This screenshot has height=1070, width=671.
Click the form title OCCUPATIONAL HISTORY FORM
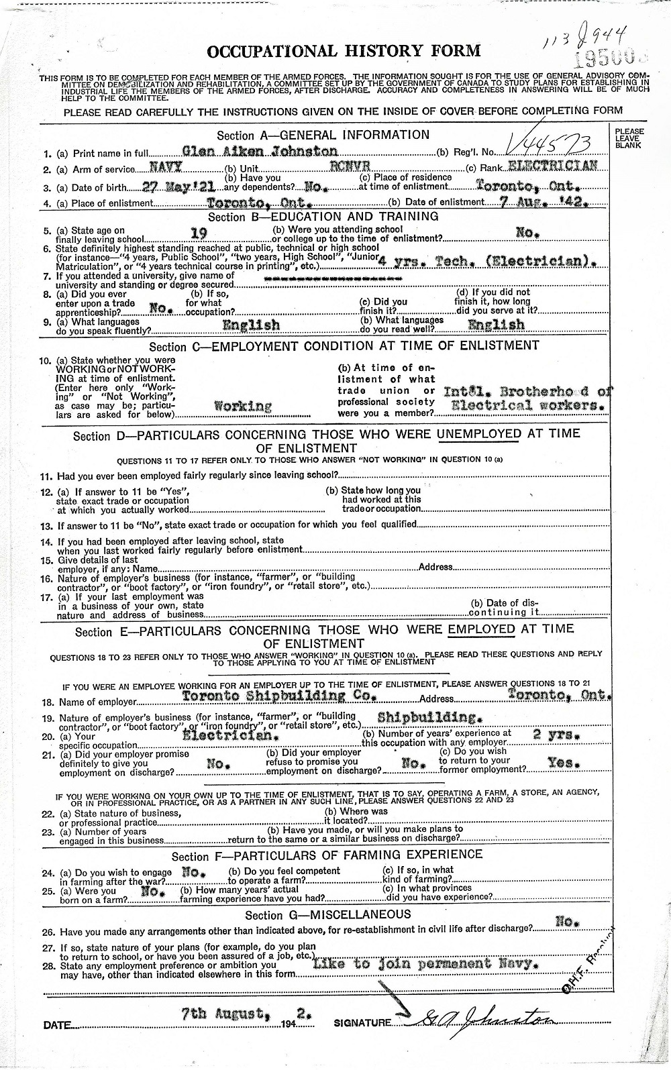(344, 51)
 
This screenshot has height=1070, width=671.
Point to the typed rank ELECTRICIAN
(552, 166)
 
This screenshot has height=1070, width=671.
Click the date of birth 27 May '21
(172, 187)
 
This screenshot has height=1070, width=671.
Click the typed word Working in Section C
(242, 406)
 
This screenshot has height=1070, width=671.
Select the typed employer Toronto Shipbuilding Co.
(277, 696)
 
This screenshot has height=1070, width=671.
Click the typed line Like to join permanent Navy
(425, 964)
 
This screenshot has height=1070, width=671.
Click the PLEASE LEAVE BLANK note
(629, 138)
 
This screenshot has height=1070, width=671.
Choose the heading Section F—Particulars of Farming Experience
(327, 855)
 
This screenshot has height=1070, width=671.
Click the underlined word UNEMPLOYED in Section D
(479, 433)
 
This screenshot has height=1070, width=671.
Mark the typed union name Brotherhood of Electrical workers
(528, 398)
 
